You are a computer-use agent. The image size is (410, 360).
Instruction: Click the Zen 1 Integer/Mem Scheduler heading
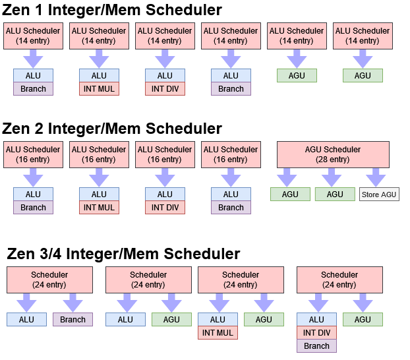112,10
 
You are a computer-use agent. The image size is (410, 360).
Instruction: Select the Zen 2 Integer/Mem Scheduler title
112,129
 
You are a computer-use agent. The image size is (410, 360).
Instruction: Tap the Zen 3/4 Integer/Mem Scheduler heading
123,254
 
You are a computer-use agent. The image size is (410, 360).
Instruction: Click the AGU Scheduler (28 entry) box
333,154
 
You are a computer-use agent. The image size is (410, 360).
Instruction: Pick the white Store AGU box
379,195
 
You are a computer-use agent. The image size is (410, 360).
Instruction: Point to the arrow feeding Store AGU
376,177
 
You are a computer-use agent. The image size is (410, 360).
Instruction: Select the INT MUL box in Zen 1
99,89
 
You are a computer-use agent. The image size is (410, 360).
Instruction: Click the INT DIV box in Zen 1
165,89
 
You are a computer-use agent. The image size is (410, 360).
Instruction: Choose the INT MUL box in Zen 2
99,208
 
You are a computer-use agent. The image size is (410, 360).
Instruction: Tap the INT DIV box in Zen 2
165,208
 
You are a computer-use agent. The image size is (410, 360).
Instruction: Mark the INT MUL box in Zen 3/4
218,332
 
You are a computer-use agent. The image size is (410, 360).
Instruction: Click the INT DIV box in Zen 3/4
316,332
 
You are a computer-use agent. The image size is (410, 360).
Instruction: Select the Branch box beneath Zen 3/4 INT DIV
316,345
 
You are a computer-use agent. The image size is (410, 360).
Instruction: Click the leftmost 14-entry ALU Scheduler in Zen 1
33,36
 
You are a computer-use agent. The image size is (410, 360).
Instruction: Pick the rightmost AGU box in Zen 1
363,76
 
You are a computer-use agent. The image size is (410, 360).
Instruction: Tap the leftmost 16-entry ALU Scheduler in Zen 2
33,154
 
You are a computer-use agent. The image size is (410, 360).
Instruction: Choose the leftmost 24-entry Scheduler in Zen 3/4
49,280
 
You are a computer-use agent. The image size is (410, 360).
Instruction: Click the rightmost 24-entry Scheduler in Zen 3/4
339,280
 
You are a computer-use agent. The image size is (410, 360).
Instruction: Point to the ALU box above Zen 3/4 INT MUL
218,319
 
